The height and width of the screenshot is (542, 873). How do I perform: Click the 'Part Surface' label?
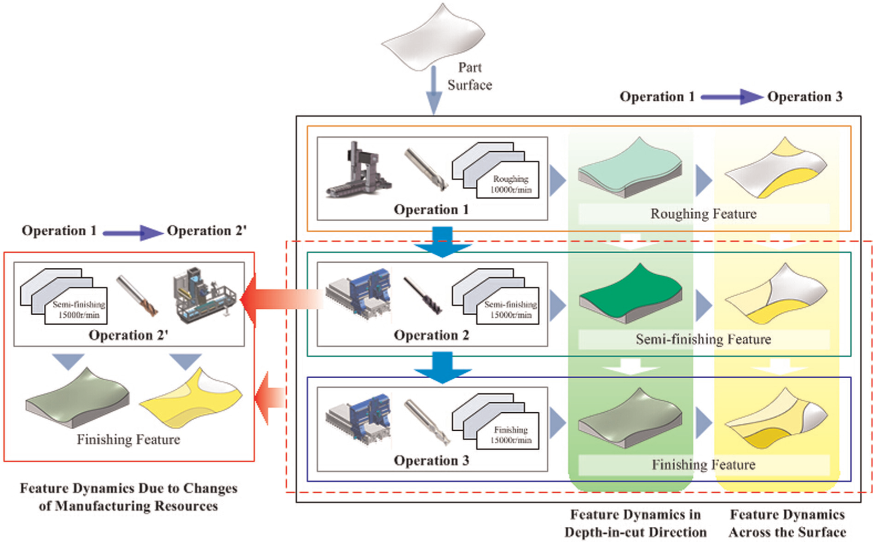coord(470,76)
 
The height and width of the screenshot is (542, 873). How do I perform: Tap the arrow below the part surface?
coord(434,90)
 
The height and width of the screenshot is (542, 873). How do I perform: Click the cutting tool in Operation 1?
coord(426,169)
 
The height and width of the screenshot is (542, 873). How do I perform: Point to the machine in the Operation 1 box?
coord(358,170)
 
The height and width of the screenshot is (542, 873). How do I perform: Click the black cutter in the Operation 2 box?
coord(422,295)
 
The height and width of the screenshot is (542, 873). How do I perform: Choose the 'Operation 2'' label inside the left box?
coord(128,335)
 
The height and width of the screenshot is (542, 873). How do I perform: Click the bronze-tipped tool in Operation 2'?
coord(137,295)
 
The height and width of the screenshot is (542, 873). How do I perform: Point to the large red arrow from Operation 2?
coord(282,300)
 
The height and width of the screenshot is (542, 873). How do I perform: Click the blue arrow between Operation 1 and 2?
coord(443,242)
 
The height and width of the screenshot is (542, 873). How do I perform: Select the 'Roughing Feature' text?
coord(703,214)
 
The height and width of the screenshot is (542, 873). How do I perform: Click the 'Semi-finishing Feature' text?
coord(703,340)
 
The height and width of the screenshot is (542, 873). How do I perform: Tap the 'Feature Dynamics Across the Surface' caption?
coord(787,523)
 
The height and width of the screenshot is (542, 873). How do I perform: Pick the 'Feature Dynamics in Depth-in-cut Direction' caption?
coord(636,523)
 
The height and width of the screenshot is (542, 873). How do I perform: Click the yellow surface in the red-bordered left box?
coord(191,398)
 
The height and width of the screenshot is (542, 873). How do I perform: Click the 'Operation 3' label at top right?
coord(805,97)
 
